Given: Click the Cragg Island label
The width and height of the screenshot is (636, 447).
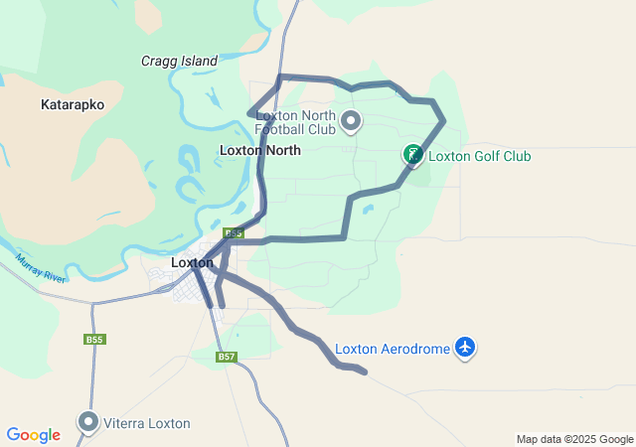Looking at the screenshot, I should (x=179, y=61).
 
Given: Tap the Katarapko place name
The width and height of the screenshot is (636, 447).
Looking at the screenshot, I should (x=73, y=103).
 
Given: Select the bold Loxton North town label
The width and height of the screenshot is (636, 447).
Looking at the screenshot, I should (x=259, y=150).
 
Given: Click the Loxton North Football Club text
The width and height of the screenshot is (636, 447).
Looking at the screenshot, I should (x=295, y=121).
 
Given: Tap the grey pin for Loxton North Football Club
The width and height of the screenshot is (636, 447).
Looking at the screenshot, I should (x=350, y=122).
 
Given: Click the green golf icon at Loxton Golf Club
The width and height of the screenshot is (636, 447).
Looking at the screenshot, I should (x=411, y=155).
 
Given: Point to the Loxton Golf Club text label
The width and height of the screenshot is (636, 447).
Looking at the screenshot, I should (x=479, y=156).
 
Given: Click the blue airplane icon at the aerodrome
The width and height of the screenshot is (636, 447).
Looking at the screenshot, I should (x=465, y=348).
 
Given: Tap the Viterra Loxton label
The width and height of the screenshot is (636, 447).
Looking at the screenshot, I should (x=148, y=423).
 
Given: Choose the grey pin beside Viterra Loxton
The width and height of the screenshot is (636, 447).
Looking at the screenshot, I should (x=89, y=422).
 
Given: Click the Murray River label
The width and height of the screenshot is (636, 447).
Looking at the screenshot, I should (x=41, y=268).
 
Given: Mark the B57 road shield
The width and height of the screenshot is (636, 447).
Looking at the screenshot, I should (x=227, y=357).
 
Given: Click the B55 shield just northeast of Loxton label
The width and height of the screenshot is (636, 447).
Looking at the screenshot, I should (x=233, y=233).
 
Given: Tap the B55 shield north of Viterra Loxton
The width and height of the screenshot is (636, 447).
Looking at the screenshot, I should (x=94, y=340).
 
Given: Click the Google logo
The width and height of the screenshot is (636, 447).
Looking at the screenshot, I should (x=33, y=435).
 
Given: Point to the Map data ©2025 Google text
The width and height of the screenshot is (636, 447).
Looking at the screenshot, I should (x=574, y=439).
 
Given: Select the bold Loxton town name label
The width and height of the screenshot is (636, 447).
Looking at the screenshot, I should (x=192, y=262).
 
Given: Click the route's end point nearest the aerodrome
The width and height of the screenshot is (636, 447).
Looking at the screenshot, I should (x=366, y=372).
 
